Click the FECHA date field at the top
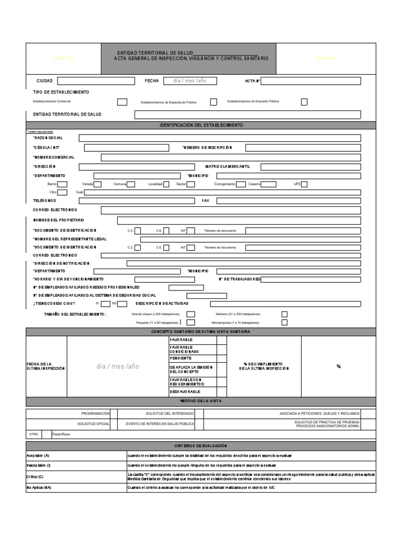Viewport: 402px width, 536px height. click(x=189, y=81)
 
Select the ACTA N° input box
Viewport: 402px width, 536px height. click(x=310, y=81)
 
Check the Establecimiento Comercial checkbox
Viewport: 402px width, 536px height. click(x=122, y=102)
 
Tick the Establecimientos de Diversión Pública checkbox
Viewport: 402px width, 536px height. click(x=304, y=102)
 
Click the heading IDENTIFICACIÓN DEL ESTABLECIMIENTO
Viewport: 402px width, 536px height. click(x=201, y=126)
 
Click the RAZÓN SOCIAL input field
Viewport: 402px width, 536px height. click(x=219, y=138)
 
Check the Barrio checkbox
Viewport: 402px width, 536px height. click(x=62, y=184)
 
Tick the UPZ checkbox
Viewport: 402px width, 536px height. click(x=304, y=184)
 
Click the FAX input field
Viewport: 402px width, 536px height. click(x=288, y=200)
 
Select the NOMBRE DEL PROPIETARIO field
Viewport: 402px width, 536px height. click(x=239, y=220)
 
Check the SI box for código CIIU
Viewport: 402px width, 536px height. click(x=105, y=304)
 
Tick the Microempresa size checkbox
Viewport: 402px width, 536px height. click(x=284, y=322)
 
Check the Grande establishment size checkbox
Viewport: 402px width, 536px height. click(x=191, y=314)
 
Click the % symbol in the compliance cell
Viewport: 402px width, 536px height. click(x=339, y=366)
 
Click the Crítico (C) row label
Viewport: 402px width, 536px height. click(x=35, y=476)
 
